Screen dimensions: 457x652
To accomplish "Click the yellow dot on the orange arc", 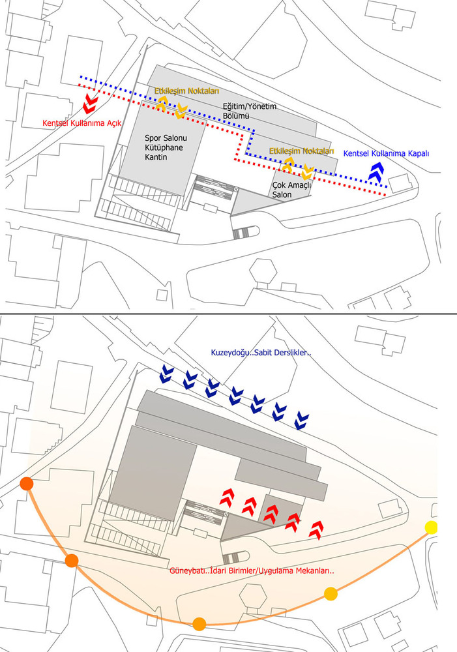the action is click(x=431, y=527).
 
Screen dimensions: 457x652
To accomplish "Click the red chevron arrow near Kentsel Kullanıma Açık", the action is click(x=89, y=103).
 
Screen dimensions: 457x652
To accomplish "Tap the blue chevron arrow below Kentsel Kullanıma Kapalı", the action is click(x=376, y=171).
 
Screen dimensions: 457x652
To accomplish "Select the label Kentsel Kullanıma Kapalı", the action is click(x=386, y=153).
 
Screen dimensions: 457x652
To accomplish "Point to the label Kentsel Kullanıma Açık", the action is click(x=82, y=123).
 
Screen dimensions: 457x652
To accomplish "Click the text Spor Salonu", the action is click(x=166, y=138).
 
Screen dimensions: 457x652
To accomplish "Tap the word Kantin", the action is click(x=156, y=156).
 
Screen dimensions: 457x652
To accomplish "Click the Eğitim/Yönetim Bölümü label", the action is click(x=250, y=111).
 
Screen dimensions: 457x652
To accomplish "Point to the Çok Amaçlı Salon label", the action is click(x=291, y=190).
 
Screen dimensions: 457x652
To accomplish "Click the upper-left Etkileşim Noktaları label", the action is click(x=186, y=91).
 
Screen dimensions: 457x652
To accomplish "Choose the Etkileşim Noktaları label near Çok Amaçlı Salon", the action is click(x=301, y=151).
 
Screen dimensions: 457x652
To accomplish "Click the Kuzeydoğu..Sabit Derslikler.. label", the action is click(x=261, y=353).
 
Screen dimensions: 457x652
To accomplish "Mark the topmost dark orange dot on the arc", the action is click(x=27, y=484).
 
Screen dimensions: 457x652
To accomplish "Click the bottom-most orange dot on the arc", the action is click(x=199, y=624).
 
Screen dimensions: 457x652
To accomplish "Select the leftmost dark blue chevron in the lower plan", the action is click(x=167, y=374).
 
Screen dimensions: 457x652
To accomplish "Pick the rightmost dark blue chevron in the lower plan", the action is click(x=301, y=421).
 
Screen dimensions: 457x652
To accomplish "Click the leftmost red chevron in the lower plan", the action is click(x=227, y=496).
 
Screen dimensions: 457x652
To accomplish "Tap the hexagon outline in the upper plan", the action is click(x=263, y=271).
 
